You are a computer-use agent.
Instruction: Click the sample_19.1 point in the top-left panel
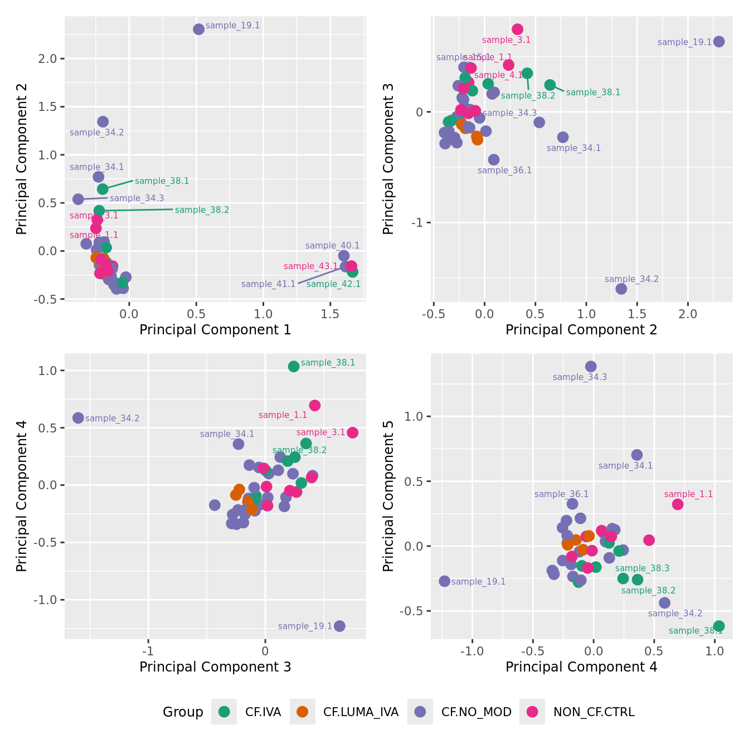(x=198, y=29)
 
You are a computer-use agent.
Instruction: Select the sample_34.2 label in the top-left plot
(x=97, y=133)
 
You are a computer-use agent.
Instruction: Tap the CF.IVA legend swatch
(x=224, y=712)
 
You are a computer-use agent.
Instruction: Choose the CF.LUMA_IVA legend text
(x=361, y=712)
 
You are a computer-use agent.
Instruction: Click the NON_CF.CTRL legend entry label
(x=594, y=712)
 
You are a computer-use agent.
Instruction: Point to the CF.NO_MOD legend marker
(x=420, y=712)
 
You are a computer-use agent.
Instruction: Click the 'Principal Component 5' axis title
(x=388, y=496)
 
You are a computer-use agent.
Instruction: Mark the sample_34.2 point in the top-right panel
(x=621, y=289)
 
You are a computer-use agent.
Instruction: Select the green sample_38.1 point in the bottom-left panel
(x=294, y=366)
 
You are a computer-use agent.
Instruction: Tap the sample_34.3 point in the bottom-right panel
(x=591, y=366)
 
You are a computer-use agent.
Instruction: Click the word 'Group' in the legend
(x=183, y=712)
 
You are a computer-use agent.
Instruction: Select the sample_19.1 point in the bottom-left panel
(x=339, y=626)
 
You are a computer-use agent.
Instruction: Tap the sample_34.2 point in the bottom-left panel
(x=78, y=418)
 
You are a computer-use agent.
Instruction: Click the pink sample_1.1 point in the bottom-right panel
(x=678, y=504)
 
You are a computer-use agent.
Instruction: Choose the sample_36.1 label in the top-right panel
(x=504, y=171)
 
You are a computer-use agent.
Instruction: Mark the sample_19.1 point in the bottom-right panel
(x=444, y=581)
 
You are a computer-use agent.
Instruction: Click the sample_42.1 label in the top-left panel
(x=333, y=284)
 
